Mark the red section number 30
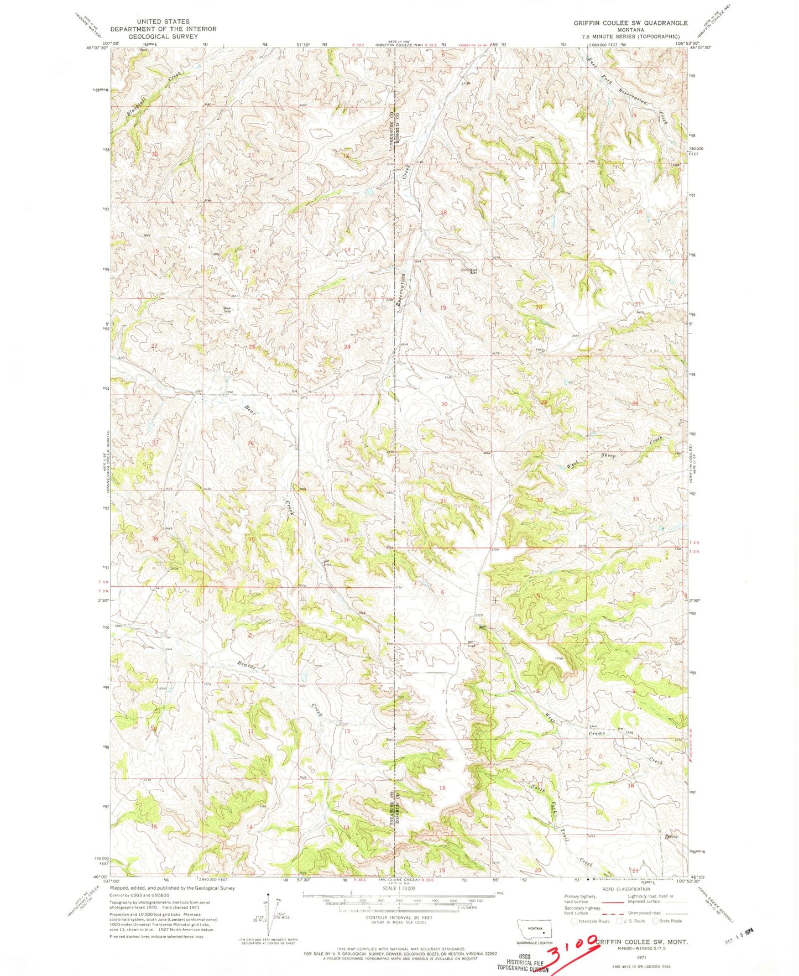[x=444, y=404]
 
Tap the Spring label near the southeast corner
[x=671, y=837]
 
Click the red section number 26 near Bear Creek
[x=251, y=443]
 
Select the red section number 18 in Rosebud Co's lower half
[x=441, y=787]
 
